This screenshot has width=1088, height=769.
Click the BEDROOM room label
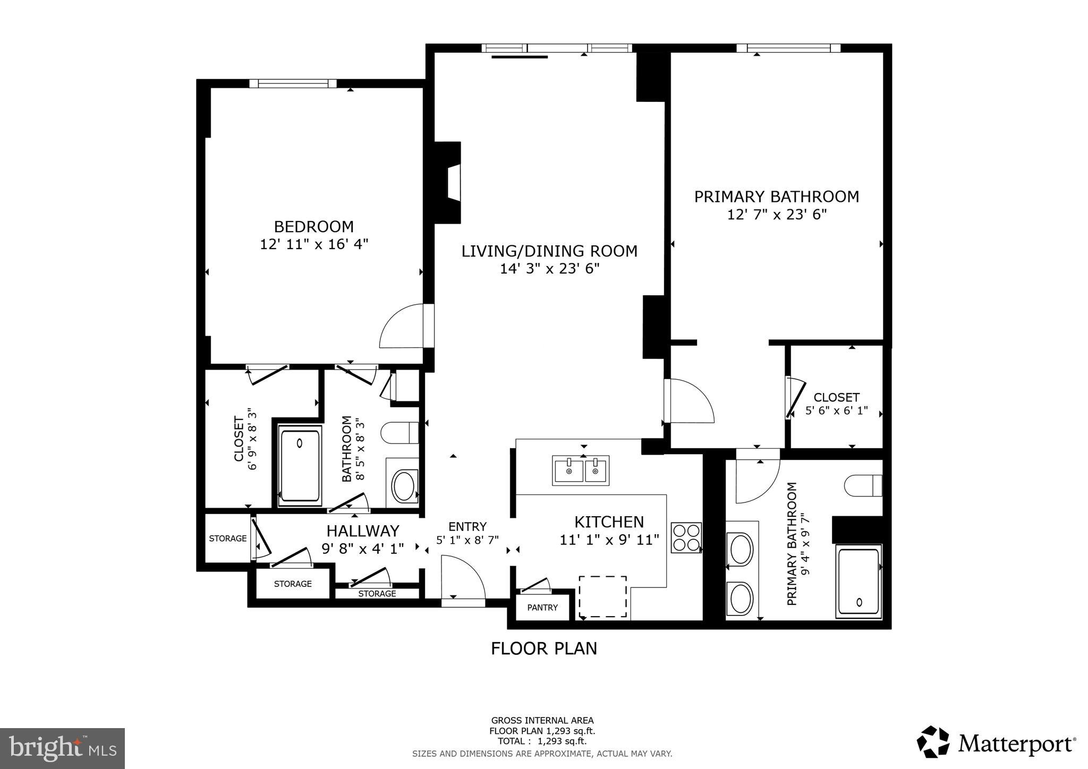[x=313, y=227]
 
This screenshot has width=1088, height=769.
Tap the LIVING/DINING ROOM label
[x=549, y=251]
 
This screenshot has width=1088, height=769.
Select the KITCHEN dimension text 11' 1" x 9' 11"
[x=609, y=540]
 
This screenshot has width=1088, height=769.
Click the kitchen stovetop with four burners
[x=686, y=537]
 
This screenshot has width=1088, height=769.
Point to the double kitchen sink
[x=581, y=471]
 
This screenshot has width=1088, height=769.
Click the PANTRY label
[x=542, y=608]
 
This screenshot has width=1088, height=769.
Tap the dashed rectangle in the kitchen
[x=602, y=597]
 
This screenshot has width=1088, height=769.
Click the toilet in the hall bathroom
[x=399, y=432]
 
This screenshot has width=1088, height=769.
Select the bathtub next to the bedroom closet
[x=300, y=466]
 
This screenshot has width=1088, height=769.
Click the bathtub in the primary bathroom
[x=858, y=582]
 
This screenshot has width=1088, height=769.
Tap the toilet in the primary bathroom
[x=862, y=485]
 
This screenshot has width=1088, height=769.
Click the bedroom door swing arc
[x=402, y=326]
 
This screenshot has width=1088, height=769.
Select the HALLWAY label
[x=362, y=531]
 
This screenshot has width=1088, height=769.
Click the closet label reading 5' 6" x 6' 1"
[x=836, y=410]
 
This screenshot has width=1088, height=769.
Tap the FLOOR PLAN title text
[x=543, y=648]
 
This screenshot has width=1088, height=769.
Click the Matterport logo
[x=996, y=742]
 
